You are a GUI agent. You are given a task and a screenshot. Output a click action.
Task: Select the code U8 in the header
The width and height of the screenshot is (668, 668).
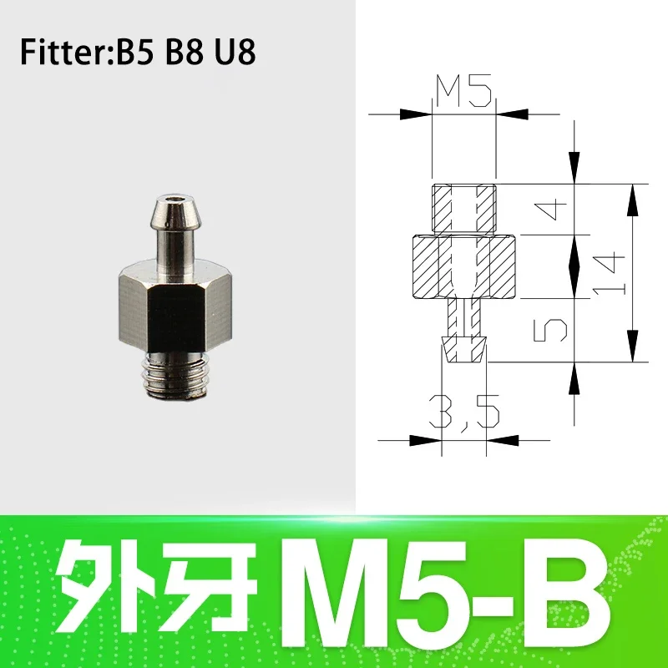coord(235,52)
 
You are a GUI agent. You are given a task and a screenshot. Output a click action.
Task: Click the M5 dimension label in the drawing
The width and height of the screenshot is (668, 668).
coord(464,90)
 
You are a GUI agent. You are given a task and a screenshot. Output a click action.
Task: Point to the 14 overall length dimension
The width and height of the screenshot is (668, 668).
coord(609,273)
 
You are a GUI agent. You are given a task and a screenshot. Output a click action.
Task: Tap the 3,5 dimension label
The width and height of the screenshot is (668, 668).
coord(463,412)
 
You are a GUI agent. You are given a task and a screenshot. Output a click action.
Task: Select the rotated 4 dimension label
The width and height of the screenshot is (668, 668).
coord(550,210)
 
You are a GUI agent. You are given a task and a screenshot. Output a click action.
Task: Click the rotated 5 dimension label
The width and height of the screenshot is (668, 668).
coord(550,330)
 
